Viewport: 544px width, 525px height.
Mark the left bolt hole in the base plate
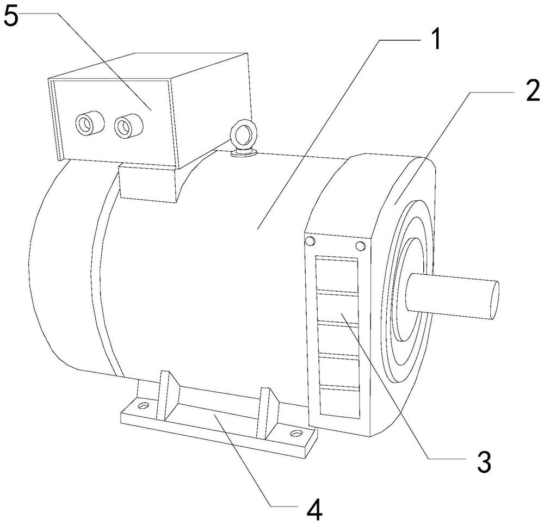point(143,406)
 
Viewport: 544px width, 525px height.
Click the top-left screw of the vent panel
point(310,241)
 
